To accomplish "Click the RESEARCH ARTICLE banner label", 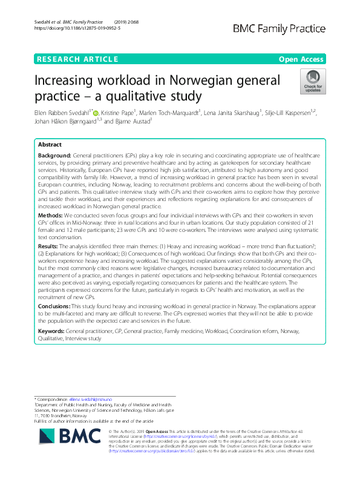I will tap(77, 59).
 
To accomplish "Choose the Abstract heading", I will tap(50, 145).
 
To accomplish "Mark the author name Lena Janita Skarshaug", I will tap(230, 113).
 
